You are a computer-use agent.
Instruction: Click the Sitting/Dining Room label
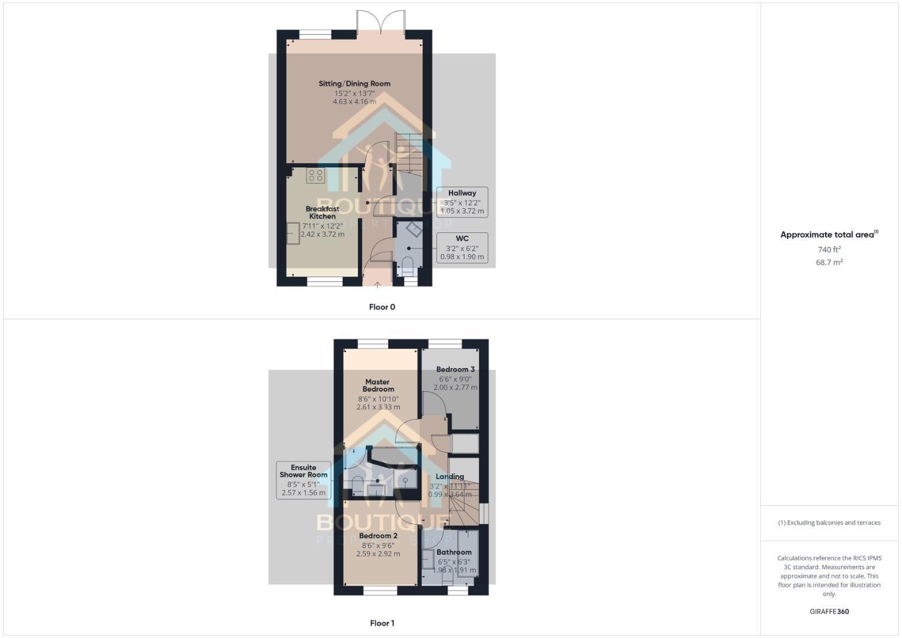(x=354, y=84)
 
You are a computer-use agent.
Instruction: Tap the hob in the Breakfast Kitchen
(x=315, y=175)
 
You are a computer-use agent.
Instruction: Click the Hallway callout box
(x=462, y=202)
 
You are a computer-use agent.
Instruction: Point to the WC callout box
(x=462, y=248)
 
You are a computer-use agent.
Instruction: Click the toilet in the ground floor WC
(x=408, y=265)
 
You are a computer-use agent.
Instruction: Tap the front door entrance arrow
(x=378, y=285)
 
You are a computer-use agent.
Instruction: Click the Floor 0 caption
(x=382, y=307)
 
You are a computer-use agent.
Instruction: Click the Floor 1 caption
(x=382, y=623)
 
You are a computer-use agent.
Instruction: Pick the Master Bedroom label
(x=378, y=385)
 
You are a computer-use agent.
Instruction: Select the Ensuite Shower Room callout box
(x=304, y=480)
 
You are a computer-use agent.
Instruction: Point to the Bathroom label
(x=454, y=552)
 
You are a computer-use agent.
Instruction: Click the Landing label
(x=450, y=477)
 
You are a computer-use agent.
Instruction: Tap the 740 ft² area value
(x=829, y=250)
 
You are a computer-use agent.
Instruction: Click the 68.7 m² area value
(x=829, y=262)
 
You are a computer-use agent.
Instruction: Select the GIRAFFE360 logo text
(x=829, y=612)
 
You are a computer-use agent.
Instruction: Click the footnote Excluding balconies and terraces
(x=829, y=523)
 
